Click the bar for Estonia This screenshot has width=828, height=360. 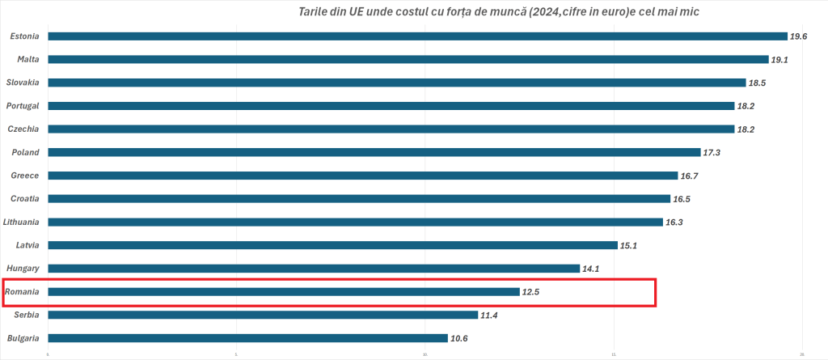[417, 36]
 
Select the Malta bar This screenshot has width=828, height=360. [408, 59]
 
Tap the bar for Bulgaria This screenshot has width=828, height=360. [247, 338]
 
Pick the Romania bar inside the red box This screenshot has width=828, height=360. [284, 291]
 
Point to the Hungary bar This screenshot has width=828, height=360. [314, 269]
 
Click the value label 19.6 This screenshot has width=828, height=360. [799, 36]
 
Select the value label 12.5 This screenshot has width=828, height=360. [531, 291]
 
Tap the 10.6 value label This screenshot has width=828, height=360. [459, 338]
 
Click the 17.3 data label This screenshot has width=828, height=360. [712, 152]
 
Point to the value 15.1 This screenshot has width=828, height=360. [629, 245]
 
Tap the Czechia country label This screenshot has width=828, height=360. [24, 129]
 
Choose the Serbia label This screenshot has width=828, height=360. [27, 315]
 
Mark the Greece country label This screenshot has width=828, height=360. [26, 176]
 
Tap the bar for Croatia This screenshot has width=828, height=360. [359, 198]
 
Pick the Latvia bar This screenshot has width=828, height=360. [332, 245]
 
